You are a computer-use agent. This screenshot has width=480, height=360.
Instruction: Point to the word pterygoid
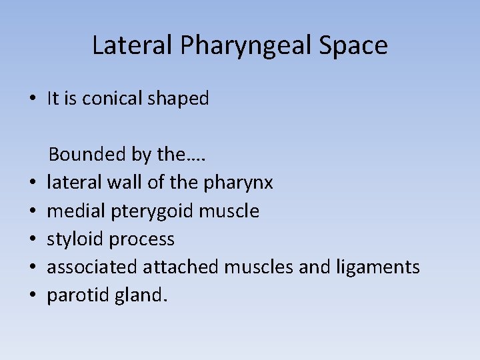point(152,212)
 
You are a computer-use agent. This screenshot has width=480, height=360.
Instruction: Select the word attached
point(181,267)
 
